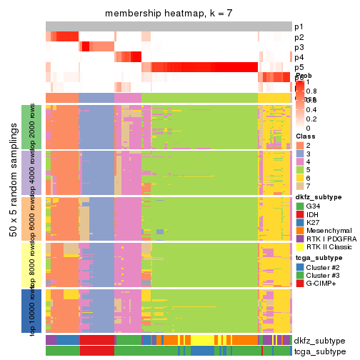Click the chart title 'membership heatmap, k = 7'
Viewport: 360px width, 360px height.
[x=169, y=14]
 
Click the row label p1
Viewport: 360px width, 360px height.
[x=299, y=26]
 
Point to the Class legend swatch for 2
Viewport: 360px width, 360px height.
[x=300, y=145]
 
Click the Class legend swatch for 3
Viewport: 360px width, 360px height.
[x=300, y=155]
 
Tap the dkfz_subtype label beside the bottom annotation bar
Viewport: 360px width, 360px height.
[x=319, y=341]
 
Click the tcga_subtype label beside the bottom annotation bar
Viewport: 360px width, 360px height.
[x=319, y=351]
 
